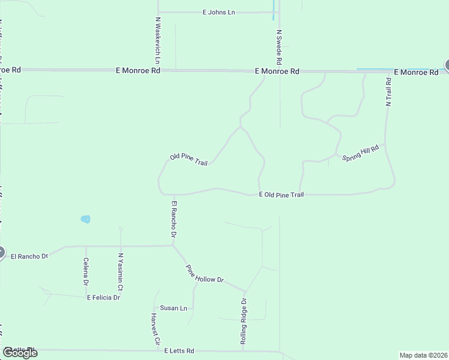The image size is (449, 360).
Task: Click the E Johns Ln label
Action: tap(218, 12)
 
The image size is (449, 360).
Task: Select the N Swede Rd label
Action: tap(279, 47)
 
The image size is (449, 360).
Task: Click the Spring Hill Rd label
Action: tap(361, 152)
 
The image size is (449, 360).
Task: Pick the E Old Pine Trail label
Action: tap(282, 195)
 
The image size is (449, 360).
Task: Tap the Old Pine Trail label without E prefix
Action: tap(188, 160)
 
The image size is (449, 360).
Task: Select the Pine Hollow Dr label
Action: tap(204, 274)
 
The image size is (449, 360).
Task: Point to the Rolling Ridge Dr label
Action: tap(244, 322)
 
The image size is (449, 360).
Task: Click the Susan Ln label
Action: tap(173, 308)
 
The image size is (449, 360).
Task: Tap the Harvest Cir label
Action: tap(156, 328)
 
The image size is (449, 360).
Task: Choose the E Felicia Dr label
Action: tap(103, 298)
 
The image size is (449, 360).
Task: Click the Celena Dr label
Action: tap(86, 272)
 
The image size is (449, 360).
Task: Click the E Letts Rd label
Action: tap(179, 351)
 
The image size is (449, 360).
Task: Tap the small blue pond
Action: tap(85, 219)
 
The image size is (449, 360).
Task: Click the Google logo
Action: tap(20, 353)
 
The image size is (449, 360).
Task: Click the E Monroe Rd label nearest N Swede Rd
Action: tap(277, 71)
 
